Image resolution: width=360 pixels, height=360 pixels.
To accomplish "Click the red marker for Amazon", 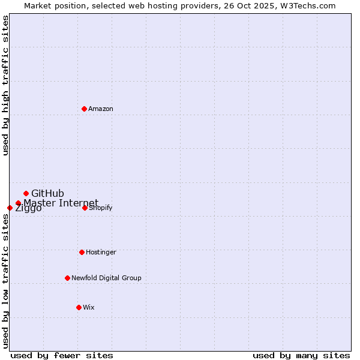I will (x=84, y=109).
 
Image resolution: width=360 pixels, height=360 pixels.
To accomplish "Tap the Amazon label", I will (x=101, y=109).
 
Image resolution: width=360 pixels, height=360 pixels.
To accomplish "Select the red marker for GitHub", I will (x=26, y=193).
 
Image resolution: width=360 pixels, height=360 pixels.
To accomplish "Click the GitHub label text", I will (x=47, y=193).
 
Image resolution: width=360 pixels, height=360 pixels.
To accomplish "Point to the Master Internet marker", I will (x=18, y=203).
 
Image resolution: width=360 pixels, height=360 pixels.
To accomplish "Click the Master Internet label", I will (x=61, y=203).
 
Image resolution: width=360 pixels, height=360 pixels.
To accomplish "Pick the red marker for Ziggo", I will (x=10, y=208).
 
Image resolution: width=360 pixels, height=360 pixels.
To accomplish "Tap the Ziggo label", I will (x=28, y=208).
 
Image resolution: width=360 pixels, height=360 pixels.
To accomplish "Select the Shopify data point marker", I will (x=85, y=208).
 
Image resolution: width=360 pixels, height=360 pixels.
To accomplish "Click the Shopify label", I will (x=101, y=208).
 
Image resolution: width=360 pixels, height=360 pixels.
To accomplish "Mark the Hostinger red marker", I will (x=82, y=252).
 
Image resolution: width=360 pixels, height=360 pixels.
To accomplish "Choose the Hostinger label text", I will (x=101, y=252).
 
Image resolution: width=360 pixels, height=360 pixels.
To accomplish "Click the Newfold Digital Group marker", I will (x=67, y=278).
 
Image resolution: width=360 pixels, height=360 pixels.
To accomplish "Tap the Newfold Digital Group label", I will (x=106, y=278).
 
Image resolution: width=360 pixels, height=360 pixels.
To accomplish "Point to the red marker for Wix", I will (x=79, y=307).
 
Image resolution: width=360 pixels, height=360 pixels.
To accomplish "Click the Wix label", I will (x=89, y=307).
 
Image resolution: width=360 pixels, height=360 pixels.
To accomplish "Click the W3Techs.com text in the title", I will (x=311, y=5).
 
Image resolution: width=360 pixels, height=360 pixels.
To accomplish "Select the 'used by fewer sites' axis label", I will (x=62, y=355).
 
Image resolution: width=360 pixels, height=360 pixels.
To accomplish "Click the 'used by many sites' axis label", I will (x=301, y=355).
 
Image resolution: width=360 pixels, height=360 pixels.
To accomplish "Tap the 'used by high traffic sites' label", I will (x=5, y=85).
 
